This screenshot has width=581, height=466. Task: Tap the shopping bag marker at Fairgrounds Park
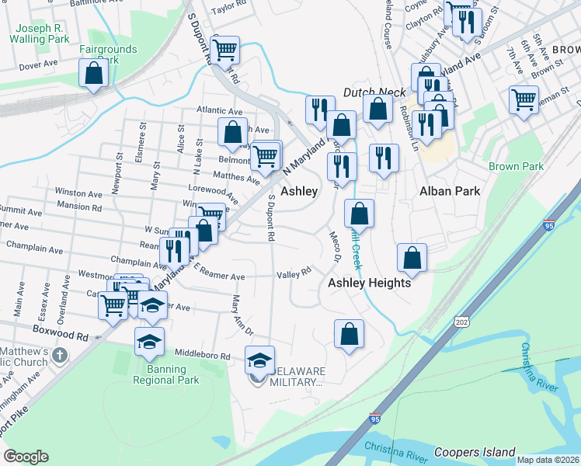tap(93, 75)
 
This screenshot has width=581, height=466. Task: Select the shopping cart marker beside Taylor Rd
tap(224, 50)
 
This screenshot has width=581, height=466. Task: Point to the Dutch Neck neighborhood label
tap(374, 92)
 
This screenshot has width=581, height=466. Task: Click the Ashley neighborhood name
tap(299, 191)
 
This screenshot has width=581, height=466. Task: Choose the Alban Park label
tap(450, 191)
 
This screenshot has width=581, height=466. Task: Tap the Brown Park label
tap(516, 167)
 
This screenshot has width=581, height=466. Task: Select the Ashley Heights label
tap(369, 283)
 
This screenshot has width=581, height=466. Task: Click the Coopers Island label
tap(474, 452)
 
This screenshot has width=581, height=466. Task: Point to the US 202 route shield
tap(462, 321)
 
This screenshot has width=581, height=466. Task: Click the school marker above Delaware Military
tap(259, 360)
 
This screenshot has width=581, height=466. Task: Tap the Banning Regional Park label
tap(167, 374)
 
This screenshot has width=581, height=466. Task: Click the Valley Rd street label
tap(294, 273)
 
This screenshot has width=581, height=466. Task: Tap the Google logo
tap(26, 457)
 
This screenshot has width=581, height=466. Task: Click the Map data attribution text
tap(548, 460)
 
